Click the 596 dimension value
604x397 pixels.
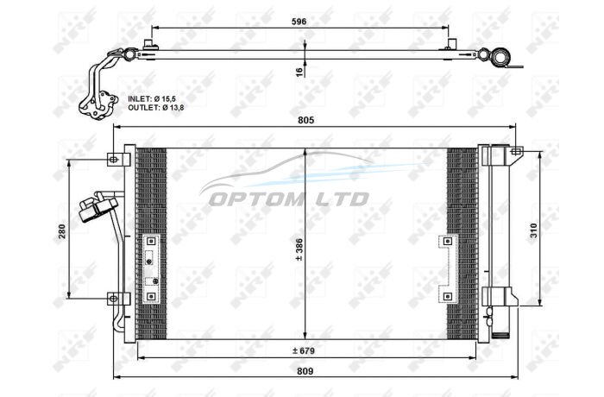[299, 22]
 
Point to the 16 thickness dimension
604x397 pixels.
[299, 72]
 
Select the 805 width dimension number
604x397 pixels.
[305, 120]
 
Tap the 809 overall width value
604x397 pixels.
[305, 371]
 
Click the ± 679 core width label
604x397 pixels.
[304, 350]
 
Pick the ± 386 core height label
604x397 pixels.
[299, 249]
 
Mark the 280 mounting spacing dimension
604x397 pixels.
[62, 231]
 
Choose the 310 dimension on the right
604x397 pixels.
[533, 230]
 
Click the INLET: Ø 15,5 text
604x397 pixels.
[152, 99]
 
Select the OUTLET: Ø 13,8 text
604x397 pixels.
[156, 108]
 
